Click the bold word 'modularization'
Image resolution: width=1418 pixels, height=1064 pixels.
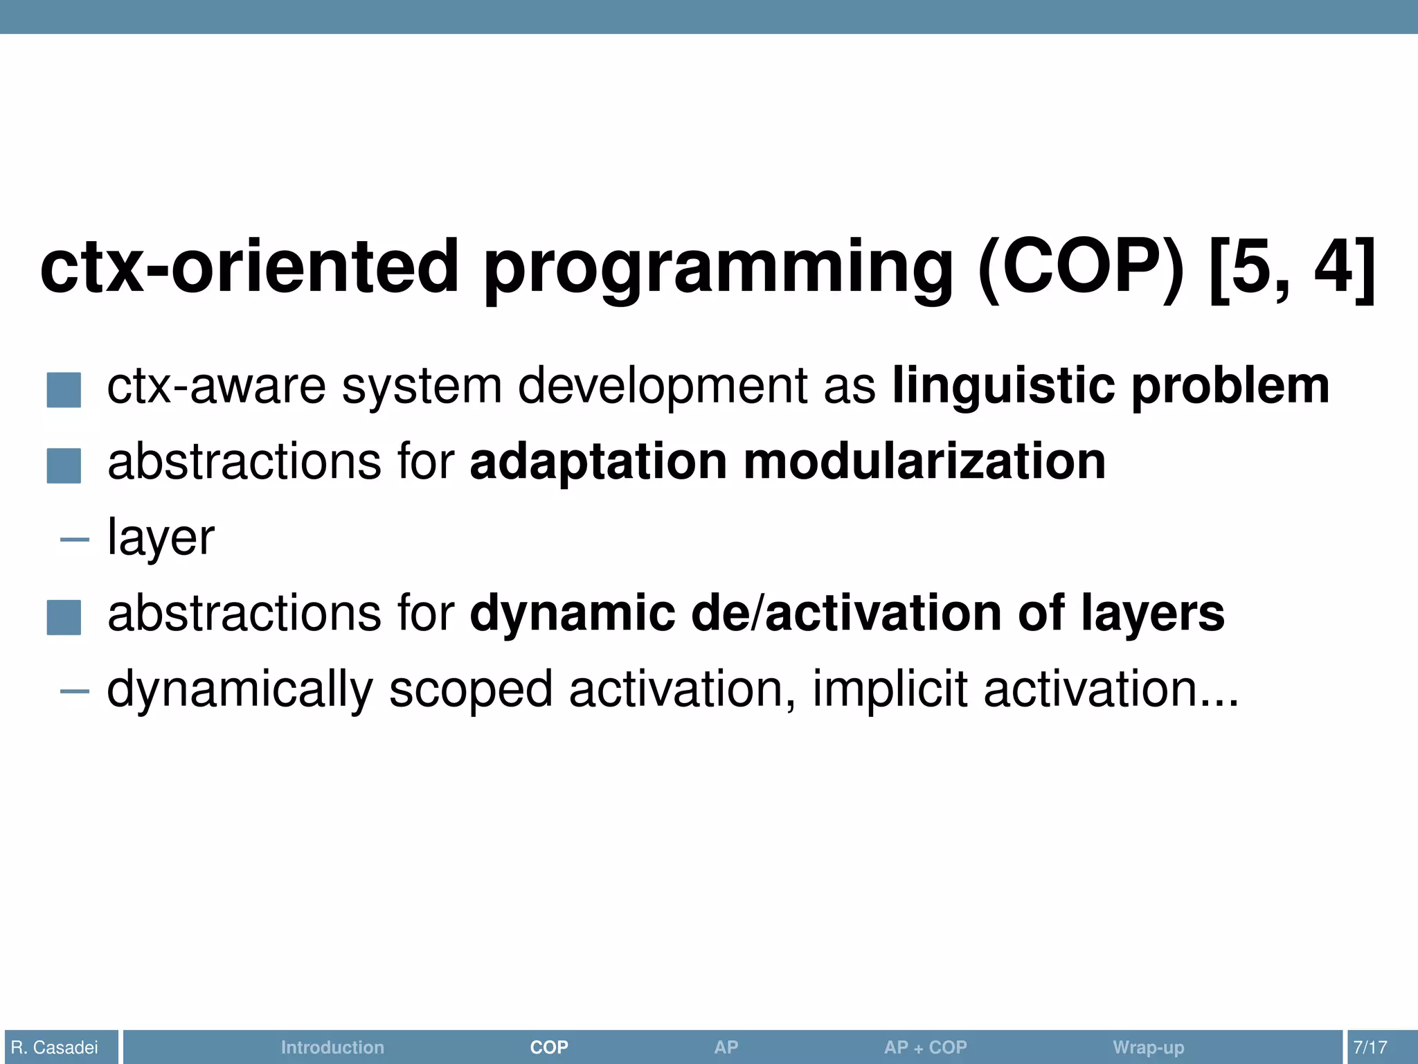(x=924, y=462)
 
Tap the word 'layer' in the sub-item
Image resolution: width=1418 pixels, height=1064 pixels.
(x=161, y=538)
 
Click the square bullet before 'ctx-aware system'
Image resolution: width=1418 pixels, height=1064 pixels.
(x=64, y=389)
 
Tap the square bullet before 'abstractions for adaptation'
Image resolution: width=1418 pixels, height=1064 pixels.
(x=64, y=465)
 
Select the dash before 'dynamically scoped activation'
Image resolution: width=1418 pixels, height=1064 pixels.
(x=74, y=691)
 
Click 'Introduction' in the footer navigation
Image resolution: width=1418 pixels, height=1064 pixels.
(x=332, y=1047)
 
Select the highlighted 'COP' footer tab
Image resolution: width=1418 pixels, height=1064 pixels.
(x=549, y=1047)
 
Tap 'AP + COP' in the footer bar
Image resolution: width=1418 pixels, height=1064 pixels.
(x=925, y=1047)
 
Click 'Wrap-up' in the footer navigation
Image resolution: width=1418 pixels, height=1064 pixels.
(x=1148, y=1047)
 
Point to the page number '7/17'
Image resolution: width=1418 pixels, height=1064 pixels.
(x=1370, y=1047)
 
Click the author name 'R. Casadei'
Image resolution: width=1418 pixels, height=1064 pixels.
(x=55, y=1047)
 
